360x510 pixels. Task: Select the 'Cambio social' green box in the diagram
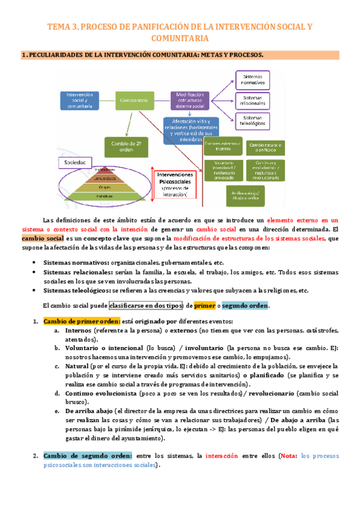coord(133,101)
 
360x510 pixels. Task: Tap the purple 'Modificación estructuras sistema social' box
coord(191,100)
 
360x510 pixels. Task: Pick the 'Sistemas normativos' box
coord(252,79)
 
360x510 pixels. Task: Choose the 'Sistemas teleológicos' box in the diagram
coord(252,121)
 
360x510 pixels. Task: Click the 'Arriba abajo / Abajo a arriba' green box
coord(224,197)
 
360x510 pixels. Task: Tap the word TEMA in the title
coord(60,27)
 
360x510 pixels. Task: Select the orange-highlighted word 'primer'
coord(204,305)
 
